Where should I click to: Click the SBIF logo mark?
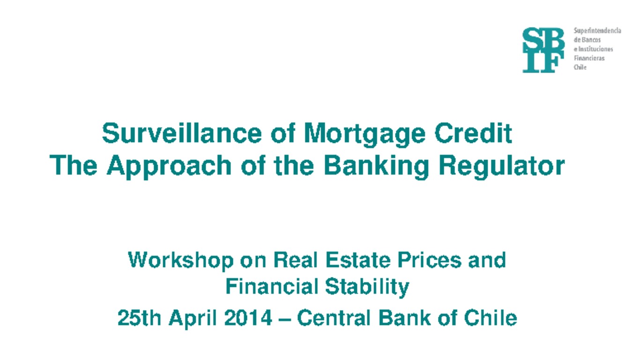543,50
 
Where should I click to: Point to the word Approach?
169,165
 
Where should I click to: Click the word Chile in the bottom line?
491,318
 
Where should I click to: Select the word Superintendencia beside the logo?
597,30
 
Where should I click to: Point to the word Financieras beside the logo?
589,58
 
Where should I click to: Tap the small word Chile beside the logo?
580,67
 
